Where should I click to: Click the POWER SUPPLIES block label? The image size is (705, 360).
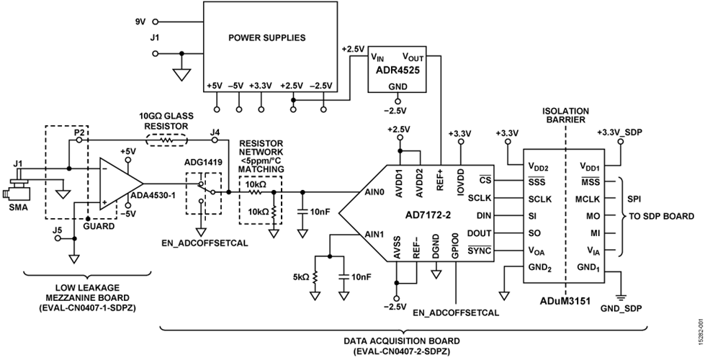[x=266, y=37]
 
